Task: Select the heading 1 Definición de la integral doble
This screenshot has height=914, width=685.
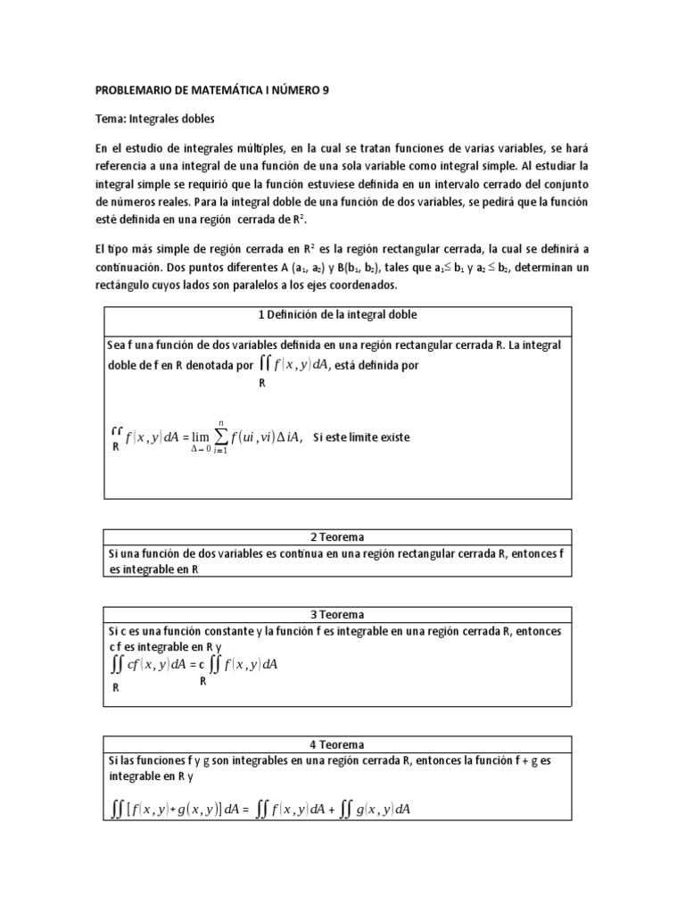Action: click(x=337, y=315)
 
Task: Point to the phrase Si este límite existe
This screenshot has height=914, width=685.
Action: click(x=362, y=437)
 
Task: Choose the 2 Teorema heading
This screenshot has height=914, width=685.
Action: click(x=337, y=537)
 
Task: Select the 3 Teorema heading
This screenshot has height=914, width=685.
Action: click(x=337, y=615)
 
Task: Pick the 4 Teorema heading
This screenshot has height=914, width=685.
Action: click(x=337, y=744)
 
